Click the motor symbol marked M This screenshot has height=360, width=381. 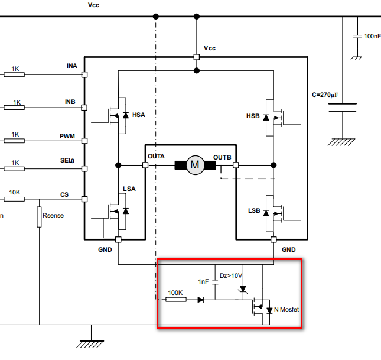194,165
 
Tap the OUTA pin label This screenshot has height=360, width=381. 157,157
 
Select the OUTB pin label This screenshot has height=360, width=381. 223,157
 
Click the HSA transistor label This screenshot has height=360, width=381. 138,115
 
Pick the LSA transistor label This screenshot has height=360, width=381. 129,189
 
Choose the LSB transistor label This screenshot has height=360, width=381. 255,211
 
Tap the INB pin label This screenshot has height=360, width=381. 71,102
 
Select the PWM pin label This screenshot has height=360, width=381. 67,136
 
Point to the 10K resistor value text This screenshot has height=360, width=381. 15,192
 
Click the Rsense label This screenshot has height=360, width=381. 53,216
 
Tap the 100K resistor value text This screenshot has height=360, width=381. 175,293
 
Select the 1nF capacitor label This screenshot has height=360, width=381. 204,281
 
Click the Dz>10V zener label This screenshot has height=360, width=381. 232,275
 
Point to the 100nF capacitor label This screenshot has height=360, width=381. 372,37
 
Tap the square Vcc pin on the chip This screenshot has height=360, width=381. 197,57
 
